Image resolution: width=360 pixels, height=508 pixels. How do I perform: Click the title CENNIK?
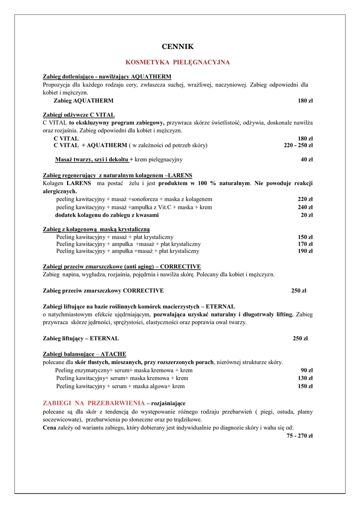(x=178, y=47)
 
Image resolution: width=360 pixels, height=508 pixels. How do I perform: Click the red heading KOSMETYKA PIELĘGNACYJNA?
(x=178, y=63)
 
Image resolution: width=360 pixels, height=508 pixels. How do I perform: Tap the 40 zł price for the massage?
(x=306, y=160)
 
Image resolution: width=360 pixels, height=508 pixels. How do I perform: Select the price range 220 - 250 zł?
(x=298, y=145)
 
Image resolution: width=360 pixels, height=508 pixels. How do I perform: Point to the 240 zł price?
(x=305, y=207)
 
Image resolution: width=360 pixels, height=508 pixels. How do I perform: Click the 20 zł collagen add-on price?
(x=306, y=215)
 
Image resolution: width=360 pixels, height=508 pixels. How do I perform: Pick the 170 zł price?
(x=305, y=244)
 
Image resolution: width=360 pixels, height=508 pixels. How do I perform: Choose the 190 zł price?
(x=305, y=251)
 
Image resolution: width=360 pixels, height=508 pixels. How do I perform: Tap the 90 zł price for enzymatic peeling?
(x=306, y=370)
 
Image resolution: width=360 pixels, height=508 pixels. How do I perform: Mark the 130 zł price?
(x=305, y=378)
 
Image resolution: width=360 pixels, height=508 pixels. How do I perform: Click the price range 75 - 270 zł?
(x=299, y=436)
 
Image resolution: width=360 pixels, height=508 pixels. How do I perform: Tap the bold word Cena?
(x=49, y=428)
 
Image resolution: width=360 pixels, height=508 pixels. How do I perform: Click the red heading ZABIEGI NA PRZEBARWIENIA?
(x=94, y=403)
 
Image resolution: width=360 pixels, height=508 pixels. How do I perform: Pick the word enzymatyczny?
(x=93, y=370)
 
